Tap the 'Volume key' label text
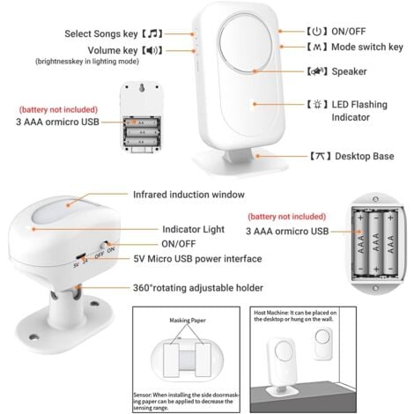104,50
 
